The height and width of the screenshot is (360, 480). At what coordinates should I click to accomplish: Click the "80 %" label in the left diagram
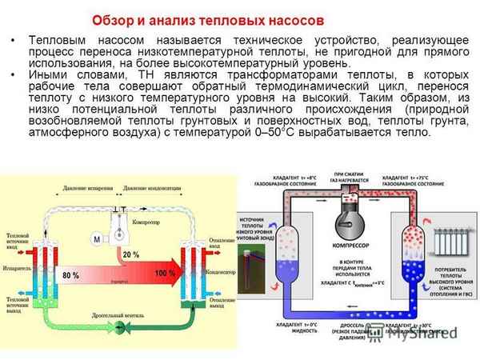click(x=70, y=275)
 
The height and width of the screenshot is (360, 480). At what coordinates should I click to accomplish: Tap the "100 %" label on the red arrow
click(x=165, y=274)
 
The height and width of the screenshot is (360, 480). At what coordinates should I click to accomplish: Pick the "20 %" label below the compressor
click(x=130, y=254)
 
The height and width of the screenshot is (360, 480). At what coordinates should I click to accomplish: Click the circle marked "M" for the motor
click(x=95, y=240)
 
